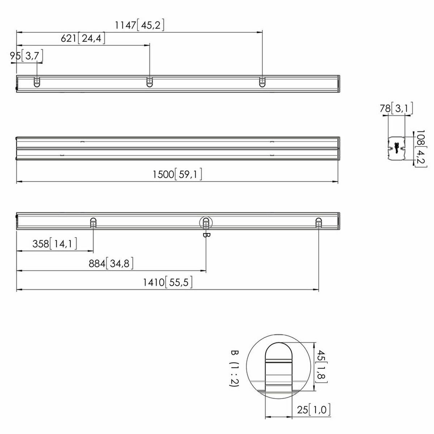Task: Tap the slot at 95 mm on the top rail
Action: [x=37, y=82]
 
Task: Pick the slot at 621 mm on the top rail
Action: [x=149, y=82]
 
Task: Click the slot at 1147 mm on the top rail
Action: [x=262, y=82]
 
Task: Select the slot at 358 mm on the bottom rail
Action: [x=93, y=223]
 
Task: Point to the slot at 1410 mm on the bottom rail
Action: [x=318, y=223]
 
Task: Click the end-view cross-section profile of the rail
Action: [x=396, y=148]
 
